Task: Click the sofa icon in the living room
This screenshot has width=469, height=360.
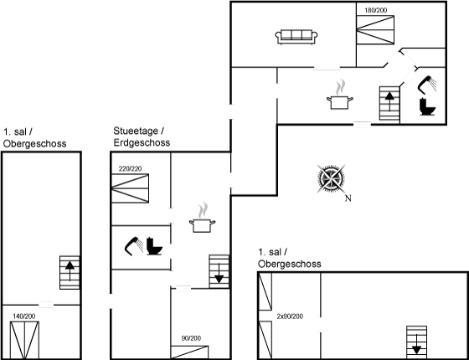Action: (x=296, y=37)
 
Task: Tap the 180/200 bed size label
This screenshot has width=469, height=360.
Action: (x=376, y=10)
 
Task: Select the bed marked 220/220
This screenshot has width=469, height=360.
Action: (x=130, y=188)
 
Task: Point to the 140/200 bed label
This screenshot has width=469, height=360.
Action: (x=24, y=316)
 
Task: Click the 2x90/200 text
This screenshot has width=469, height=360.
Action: (x=290, y=316)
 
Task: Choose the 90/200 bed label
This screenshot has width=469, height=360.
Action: (x=191, y=338)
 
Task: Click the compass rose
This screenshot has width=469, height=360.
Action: (x=331, y=179)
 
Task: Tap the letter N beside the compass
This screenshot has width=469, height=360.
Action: (x=348, y=198)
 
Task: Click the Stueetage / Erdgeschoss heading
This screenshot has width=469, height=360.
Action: (x=142, y=136)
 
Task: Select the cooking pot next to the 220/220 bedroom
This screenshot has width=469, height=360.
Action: (x=202, y=219)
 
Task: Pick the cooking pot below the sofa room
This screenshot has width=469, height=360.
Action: (x=340, y=95)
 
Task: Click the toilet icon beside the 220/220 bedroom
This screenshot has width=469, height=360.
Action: (x=154, y=246)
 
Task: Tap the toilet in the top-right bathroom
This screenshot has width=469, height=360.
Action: (x=427, y=106)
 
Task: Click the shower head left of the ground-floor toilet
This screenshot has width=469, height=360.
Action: (x=134, y=246)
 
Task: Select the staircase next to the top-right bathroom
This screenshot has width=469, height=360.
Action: (x=389, y=104)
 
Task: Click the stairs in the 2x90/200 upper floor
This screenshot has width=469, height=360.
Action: (x=416, y=342)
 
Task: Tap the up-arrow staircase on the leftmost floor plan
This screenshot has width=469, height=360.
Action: (x=70, y=272)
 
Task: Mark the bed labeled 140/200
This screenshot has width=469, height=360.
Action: (x=24, y=341)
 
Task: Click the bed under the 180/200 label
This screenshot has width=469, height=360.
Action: (x=375, y=30)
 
